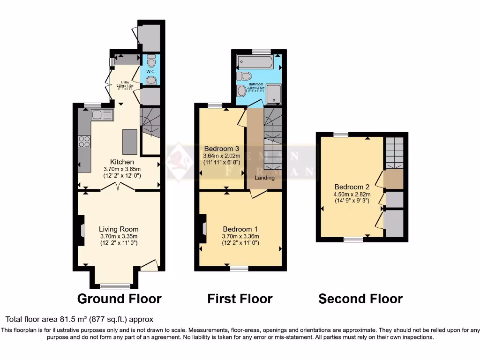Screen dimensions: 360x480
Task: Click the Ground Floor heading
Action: (119, 299)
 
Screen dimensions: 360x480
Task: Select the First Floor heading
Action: (240, 299)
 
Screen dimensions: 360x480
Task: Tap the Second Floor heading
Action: (360, 299)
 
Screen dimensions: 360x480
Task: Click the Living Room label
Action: (118, 229)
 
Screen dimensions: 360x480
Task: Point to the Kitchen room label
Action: (118, 162)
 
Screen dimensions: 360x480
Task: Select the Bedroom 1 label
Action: (240, 229)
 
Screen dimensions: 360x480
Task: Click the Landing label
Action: (264, 178)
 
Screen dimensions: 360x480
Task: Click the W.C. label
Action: (150, 72)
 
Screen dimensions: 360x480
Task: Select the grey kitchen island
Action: (130, 142)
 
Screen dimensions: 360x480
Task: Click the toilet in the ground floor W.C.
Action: (151, 61)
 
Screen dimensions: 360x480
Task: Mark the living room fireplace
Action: (81, 231)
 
